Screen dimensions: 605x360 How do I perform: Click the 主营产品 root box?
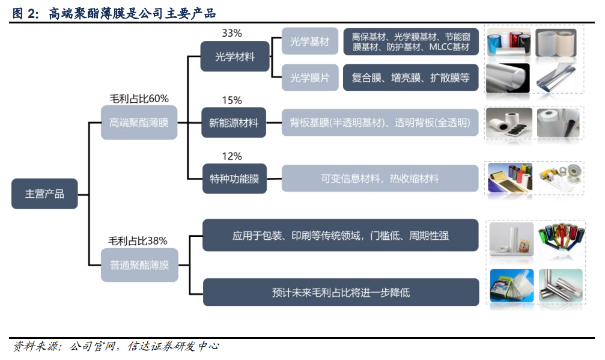click(x=44, y=194)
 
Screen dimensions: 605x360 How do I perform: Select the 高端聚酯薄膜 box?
click(x=139, y=123)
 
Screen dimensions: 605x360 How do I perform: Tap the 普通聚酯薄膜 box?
click(x=139, y=265)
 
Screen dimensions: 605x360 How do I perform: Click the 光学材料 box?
click(x=234, y=56)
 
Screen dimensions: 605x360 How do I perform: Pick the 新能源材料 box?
click(x=234, y=123)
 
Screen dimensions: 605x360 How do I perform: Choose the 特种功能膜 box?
click(x=234, y=178)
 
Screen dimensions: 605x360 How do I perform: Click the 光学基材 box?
click(x=310, y=41)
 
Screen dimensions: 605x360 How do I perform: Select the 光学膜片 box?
click(x=310, y=78)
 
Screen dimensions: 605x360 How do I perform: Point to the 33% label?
click(x=231, y=33)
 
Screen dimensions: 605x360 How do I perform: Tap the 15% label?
click(x=231, y=100)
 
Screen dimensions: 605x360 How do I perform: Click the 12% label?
click(x=231, y=156)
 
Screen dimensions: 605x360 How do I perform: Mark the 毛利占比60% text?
click(x=139, y=99)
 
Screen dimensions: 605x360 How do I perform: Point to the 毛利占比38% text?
click(x=138, y=241)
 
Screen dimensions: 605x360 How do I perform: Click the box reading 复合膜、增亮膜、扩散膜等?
click(x=410, y=78)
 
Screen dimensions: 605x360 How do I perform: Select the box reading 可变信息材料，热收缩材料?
click(x=380, y=178)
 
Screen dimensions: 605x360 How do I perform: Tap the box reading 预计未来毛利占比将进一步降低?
click(x=341, y=292)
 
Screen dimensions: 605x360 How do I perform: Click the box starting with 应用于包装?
click(x=340, y=236)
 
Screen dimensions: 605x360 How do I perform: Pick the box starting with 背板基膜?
click(x=380, y=123)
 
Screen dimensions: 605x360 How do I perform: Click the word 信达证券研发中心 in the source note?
click(x=173, y=346)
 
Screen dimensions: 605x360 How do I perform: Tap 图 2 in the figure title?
click(x=25, y=13)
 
